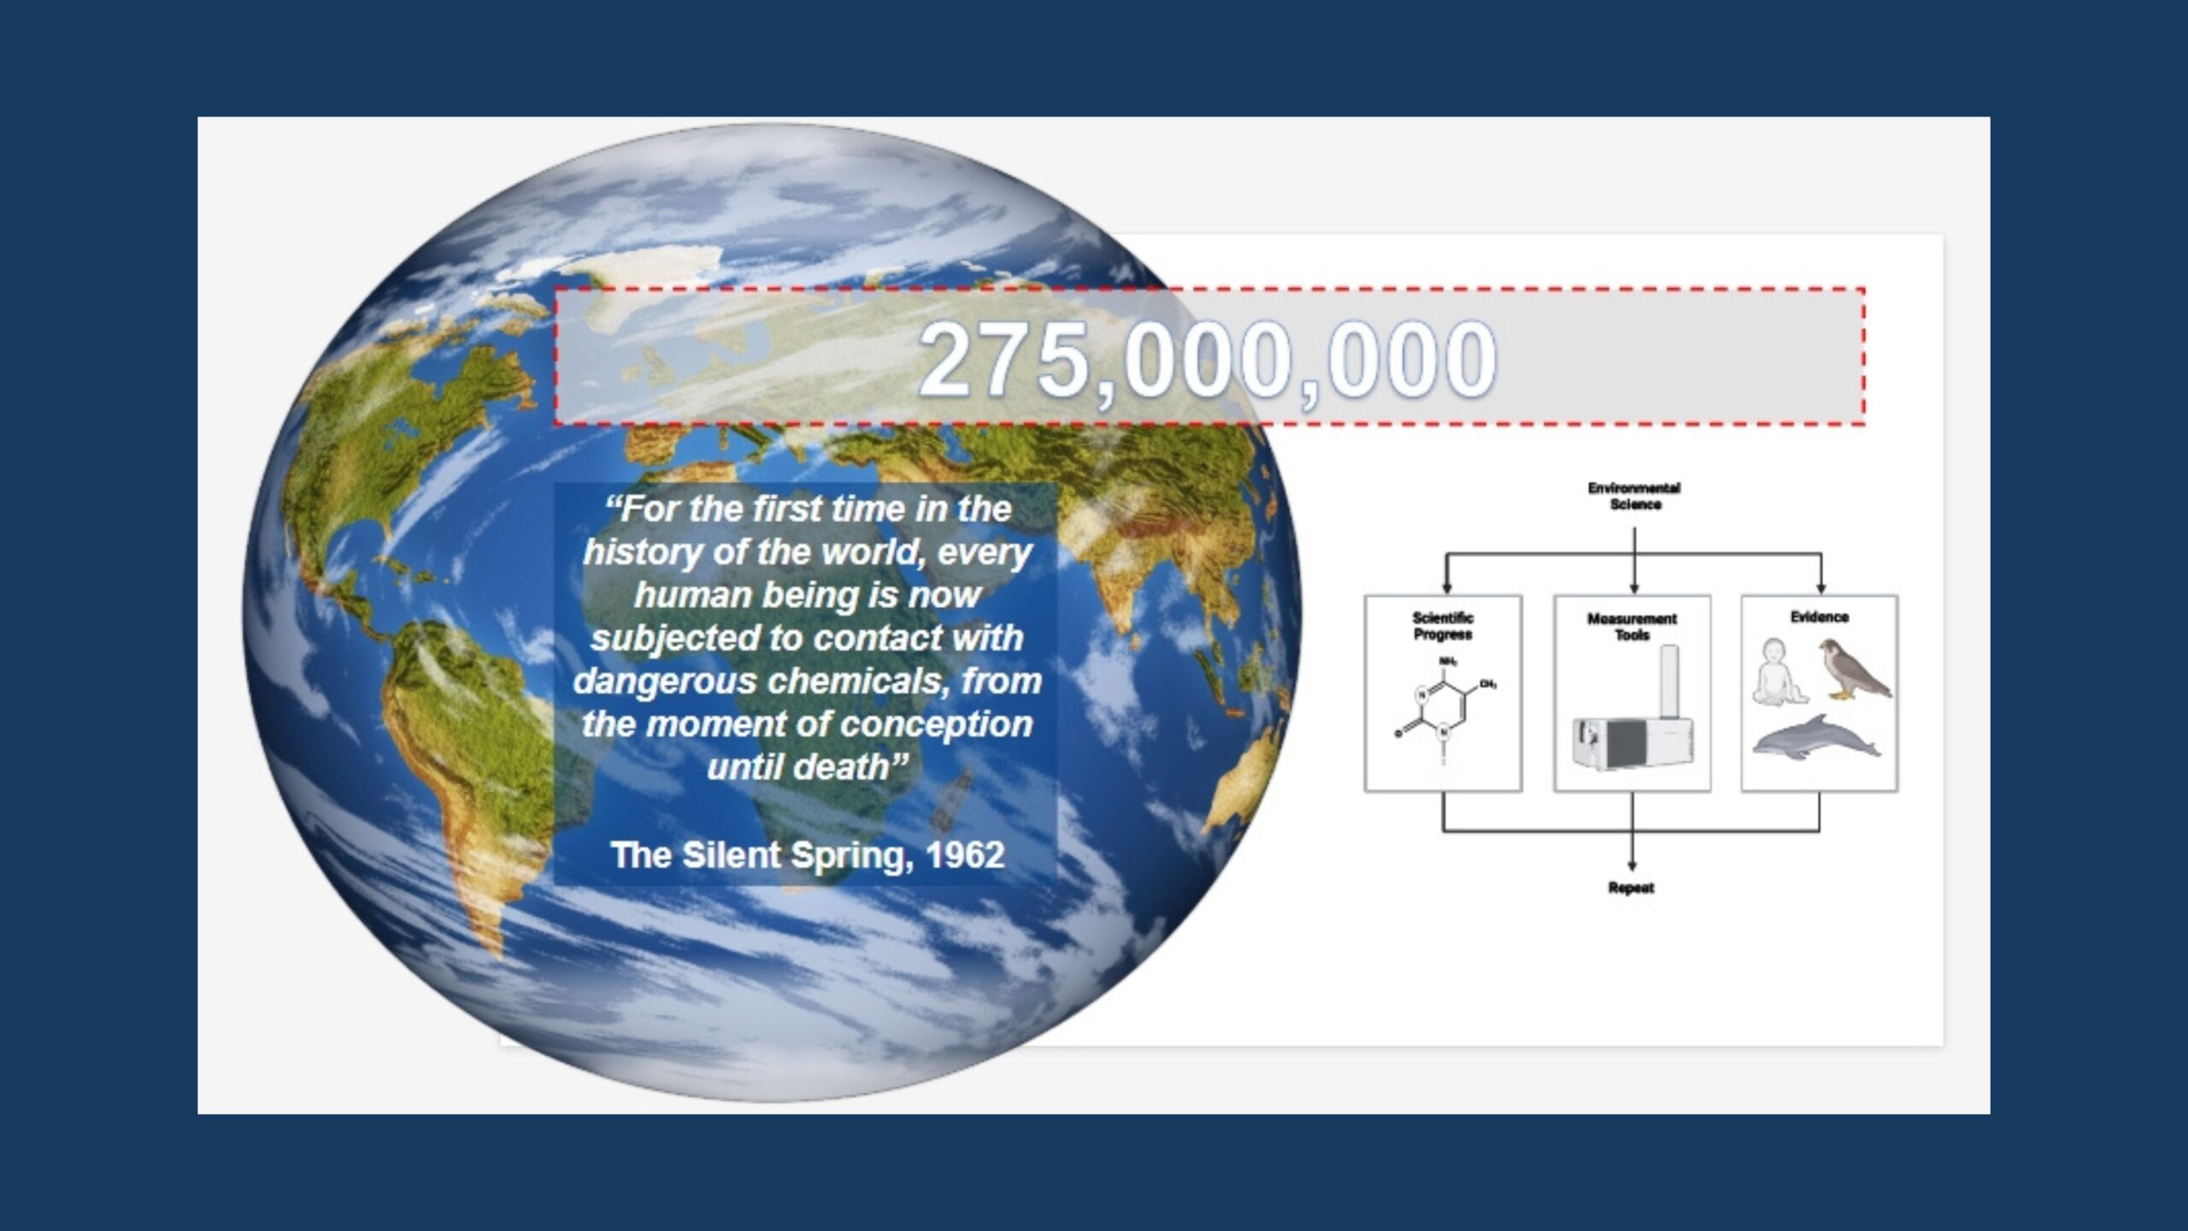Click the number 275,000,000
[x=1207, y=361]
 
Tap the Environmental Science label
[x=1634, y=496]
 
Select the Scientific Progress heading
[x=1443, y=626]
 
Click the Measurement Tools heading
[x=1632, y=627]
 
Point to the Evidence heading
[x=1820, y=617]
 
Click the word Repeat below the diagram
[x=1631, y=888]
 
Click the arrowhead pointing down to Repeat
[x=1632, y=865]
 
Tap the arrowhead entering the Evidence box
[x=1820, y=588]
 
